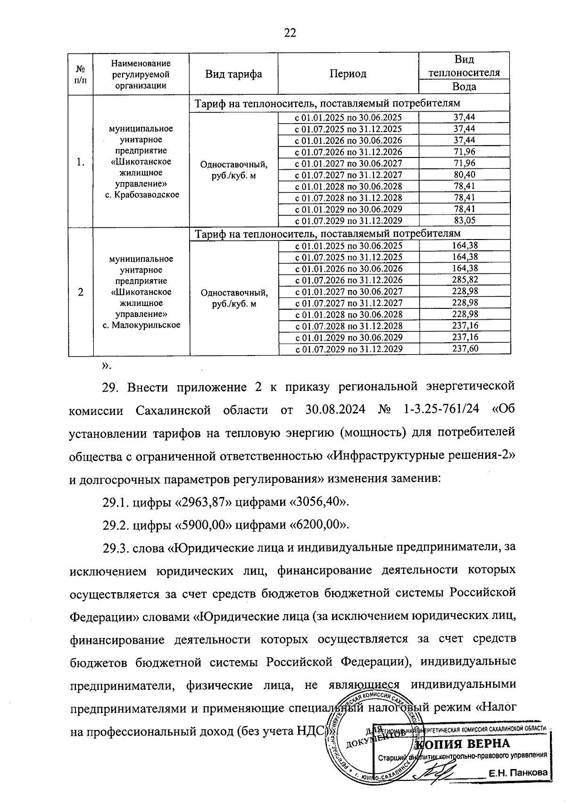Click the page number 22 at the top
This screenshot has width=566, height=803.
click(x=290, y=33)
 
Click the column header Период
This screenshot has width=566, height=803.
click(x=348, y=74)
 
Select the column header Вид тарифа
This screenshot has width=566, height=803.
click(x=233, y=74)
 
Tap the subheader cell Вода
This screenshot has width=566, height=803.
click(x=464, y=86)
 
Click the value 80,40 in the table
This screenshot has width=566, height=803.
click(x=464, y=174)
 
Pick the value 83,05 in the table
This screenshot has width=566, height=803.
click(x=464, y=220)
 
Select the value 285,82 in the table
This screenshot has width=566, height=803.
click(x=465, y=280)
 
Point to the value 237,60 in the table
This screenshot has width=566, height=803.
click(x=465, y=349)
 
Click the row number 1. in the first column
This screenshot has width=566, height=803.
click(x=80, y=162)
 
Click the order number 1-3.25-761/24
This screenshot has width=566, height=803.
click(x=441, y=410)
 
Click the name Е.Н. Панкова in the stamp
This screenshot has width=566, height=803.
click(x=518, y=773)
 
